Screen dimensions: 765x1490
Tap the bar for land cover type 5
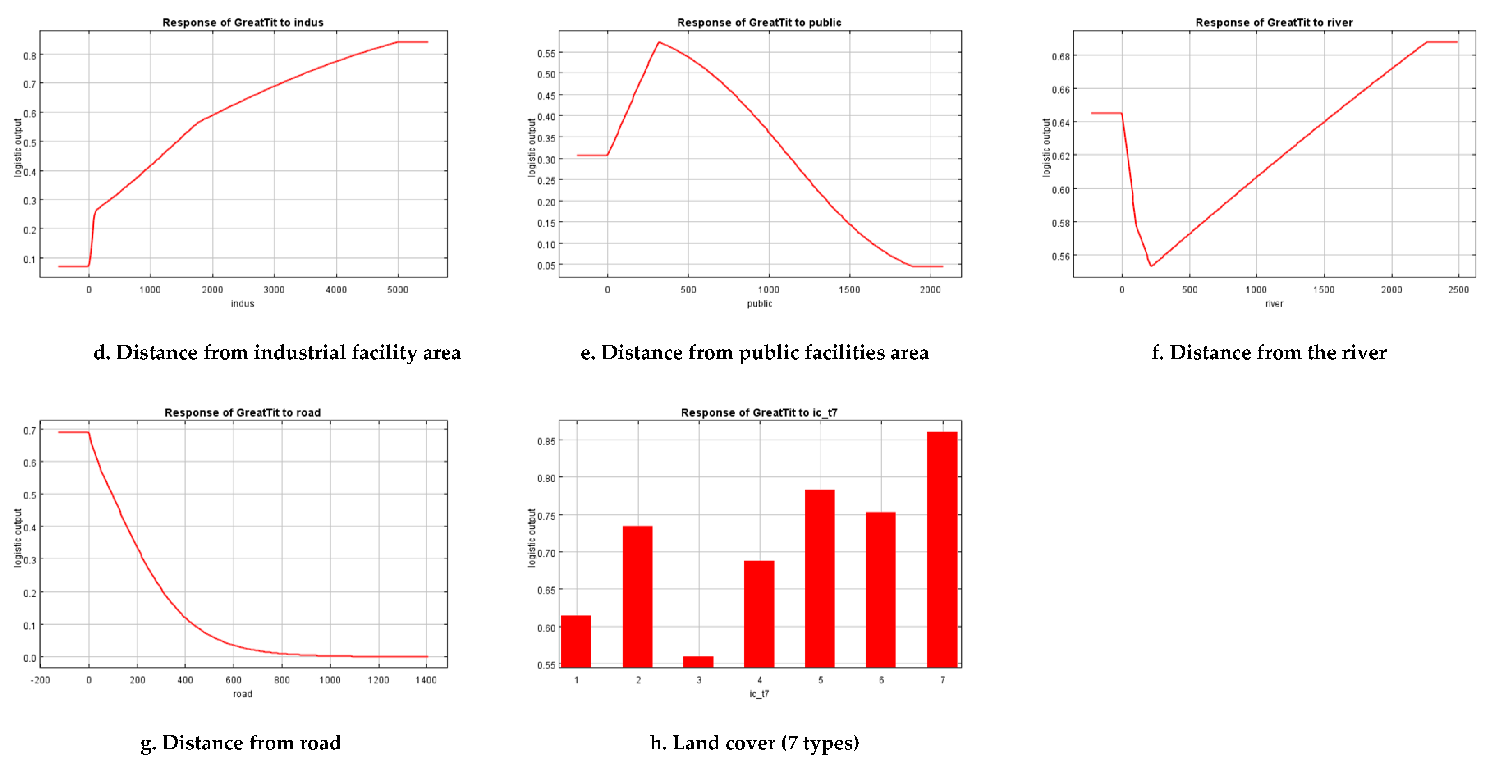click(820, 578)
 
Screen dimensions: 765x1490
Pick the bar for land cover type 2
click(637, 596)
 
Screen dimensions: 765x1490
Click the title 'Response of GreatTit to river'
click(1274, 23)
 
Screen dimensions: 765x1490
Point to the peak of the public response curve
click(659, 42)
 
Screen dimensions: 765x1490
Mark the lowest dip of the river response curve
click(1151, 266)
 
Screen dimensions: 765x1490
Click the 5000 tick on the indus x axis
click(397, 290)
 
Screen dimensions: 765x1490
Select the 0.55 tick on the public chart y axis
click(546, 54)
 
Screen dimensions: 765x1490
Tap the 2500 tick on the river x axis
click(1458, 290)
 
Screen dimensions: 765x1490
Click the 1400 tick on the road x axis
click(426, 680)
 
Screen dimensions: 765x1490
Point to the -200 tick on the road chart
click(41, 680)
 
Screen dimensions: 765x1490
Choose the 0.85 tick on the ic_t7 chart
click(546, 442)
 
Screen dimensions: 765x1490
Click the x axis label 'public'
click(759, 304)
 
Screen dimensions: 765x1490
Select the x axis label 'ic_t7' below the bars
click(759, 694)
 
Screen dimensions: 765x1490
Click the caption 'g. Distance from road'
click(241, 742)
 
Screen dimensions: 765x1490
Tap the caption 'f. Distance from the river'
click(1268, 352)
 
